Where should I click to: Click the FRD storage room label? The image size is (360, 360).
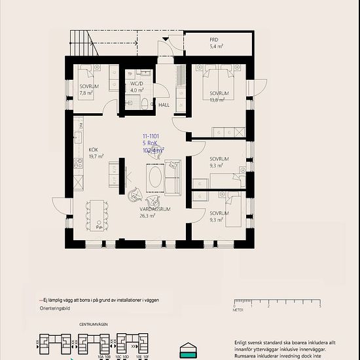213,40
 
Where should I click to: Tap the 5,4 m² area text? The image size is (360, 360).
216,47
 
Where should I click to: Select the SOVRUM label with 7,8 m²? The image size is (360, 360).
89,86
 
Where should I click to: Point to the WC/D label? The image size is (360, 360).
136,84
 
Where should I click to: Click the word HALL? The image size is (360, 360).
164,105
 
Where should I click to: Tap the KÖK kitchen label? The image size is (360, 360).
94,149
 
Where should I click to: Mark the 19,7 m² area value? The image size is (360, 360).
96,156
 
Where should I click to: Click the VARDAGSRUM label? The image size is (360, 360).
154,209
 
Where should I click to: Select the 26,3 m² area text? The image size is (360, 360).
147,215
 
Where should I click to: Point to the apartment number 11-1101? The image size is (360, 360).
151,136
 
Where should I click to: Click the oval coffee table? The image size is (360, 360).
155,178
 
